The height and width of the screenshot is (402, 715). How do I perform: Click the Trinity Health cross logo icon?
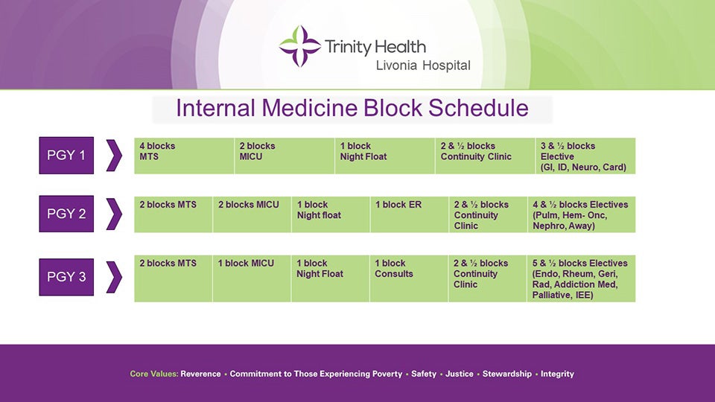[x=299, y=46]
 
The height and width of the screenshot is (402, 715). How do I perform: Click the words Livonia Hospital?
[x=423, y=66]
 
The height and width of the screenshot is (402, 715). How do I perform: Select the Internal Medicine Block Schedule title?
[x=352, y=109]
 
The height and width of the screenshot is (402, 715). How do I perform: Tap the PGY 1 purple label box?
[x=66, y=156]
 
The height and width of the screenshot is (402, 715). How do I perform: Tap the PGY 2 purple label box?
[x=66, y=214]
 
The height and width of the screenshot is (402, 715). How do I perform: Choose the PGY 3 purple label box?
[x=66, y=277]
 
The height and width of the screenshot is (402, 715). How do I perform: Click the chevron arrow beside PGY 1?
[x=113, y=156]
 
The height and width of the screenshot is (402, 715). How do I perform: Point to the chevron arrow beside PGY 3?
[x=113, y=277]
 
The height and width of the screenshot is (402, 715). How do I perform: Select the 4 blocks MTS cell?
[x=184, y=156]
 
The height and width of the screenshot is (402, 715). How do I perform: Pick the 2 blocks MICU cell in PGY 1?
[x=284, y=156]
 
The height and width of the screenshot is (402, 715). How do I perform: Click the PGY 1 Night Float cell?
[x=384, y=156]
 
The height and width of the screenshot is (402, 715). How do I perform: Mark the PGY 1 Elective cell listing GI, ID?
[x=585, y=156]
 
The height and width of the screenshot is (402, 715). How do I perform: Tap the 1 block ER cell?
[x=408, y=214]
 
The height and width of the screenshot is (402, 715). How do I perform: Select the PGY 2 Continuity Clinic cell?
[x=487, y=214]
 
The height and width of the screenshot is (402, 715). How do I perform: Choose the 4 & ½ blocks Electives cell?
[x=581, y=214]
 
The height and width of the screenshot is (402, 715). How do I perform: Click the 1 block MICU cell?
[x=251, y=279]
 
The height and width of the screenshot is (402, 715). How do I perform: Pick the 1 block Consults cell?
[x=408, y=279]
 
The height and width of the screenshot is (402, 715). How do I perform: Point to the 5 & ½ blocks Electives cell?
[x=581, y=279]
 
